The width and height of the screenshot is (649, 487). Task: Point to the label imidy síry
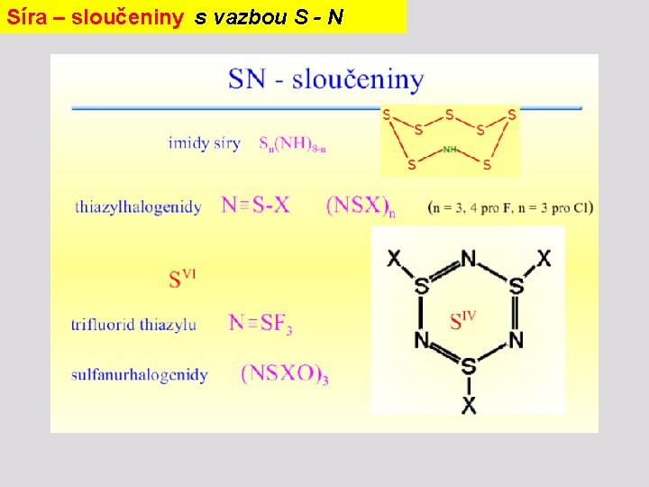[x=204, y=143]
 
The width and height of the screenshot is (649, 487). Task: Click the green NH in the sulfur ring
[x=450, y=149]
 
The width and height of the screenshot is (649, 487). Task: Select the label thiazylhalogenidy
[x=138, y=207]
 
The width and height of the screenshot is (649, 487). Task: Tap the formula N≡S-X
[x=256, y=205]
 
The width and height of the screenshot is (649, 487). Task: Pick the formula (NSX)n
[x=361, y=206]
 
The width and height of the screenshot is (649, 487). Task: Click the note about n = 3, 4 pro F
[x=510, y=207]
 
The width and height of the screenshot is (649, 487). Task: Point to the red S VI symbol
[x=181, y=277]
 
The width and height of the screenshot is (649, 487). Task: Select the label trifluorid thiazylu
[x=133, y=324]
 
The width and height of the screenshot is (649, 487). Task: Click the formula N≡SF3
[x=261, y=323]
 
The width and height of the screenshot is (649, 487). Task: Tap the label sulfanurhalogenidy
[x=140, y=374]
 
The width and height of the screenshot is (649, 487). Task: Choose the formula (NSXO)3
[x=284, y=374]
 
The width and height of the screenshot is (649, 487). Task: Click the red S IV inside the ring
[x=462, y=319]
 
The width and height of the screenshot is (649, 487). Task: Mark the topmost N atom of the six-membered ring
[x=468, y=260]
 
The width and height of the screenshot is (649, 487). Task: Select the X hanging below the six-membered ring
[x=469, y=405]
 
